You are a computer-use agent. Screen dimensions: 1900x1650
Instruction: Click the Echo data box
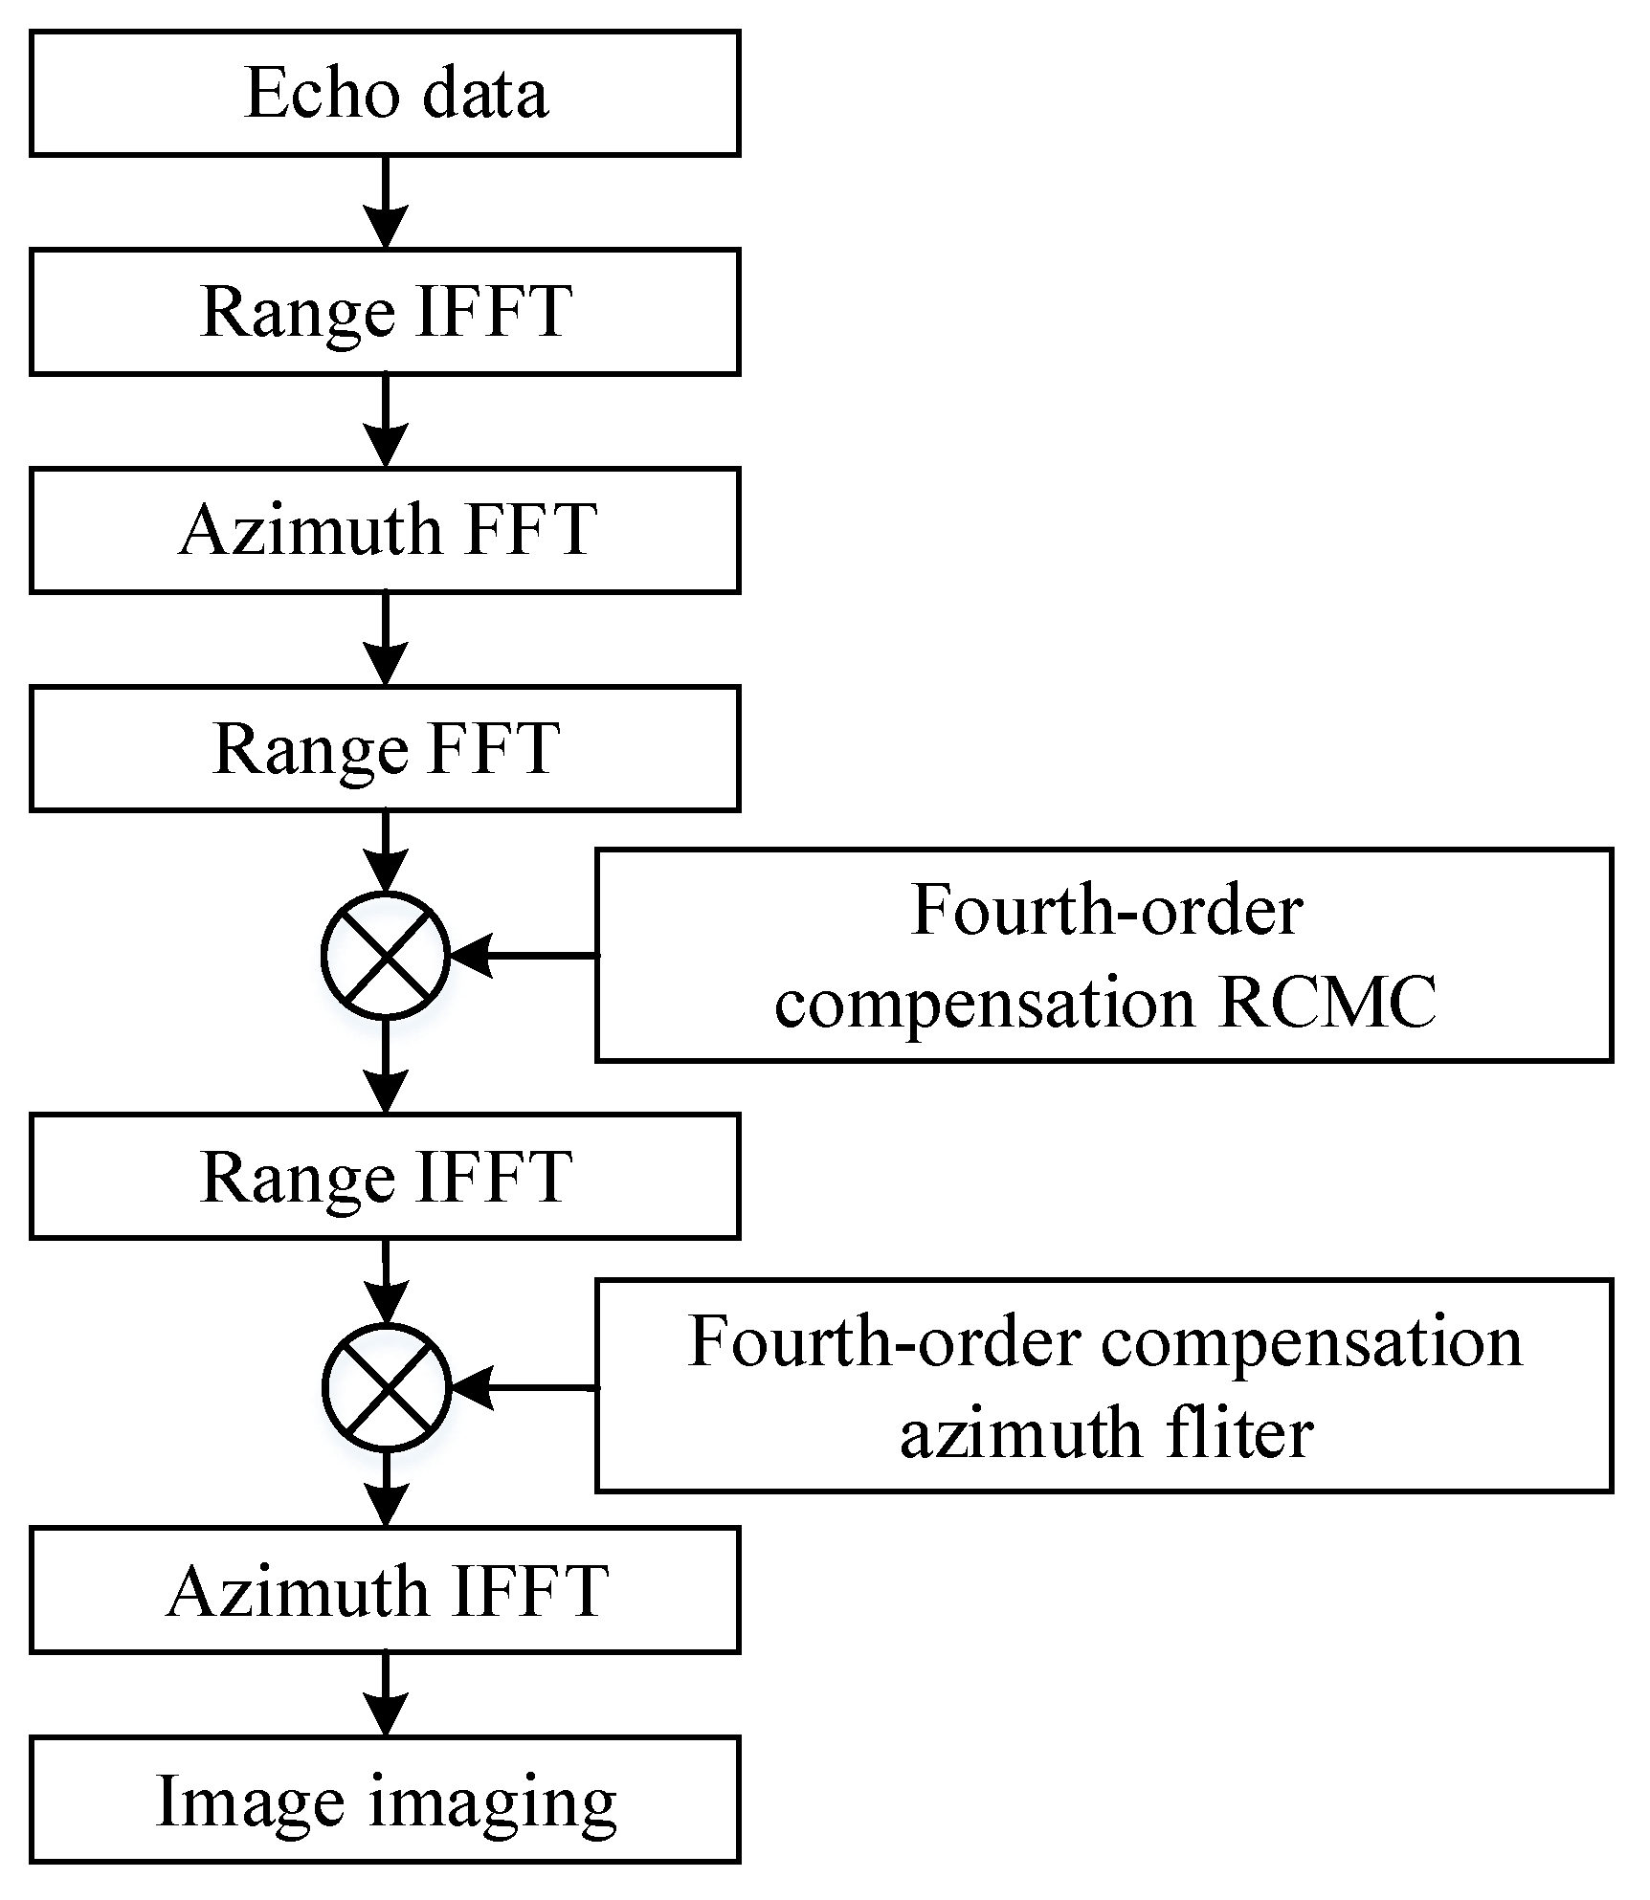coord(384,93)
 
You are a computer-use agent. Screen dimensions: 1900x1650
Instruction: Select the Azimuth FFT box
coord(384,530)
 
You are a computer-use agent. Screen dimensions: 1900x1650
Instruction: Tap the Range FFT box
coord(384,748)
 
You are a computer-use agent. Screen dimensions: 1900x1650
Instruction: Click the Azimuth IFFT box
coord(384,1590)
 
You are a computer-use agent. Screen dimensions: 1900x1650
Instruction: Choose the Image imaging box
coord(384,1801)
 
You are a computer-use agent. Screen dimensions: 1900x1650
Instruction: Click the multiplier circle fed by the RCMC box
coord(385,955)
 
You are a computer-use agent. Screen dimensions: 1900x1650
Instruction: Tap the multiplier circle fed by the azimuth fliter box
coord(385,1387)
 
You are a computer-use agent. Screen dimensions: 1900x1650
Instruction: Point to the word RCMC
coord(1328,1004)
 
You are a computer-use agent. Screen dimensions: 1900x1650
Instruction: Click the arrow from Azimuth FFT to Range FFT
coord(385,639)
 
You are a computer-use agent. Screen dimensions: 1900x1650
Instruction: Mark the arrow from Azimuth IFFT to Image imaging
coord(385,1694)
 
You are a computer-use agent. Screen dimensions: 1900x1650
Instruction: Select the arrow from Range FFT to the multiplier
coord(385,851)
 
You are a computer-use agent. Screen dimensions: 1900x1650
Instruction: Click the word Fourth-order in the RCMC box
coord(1107,910)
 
